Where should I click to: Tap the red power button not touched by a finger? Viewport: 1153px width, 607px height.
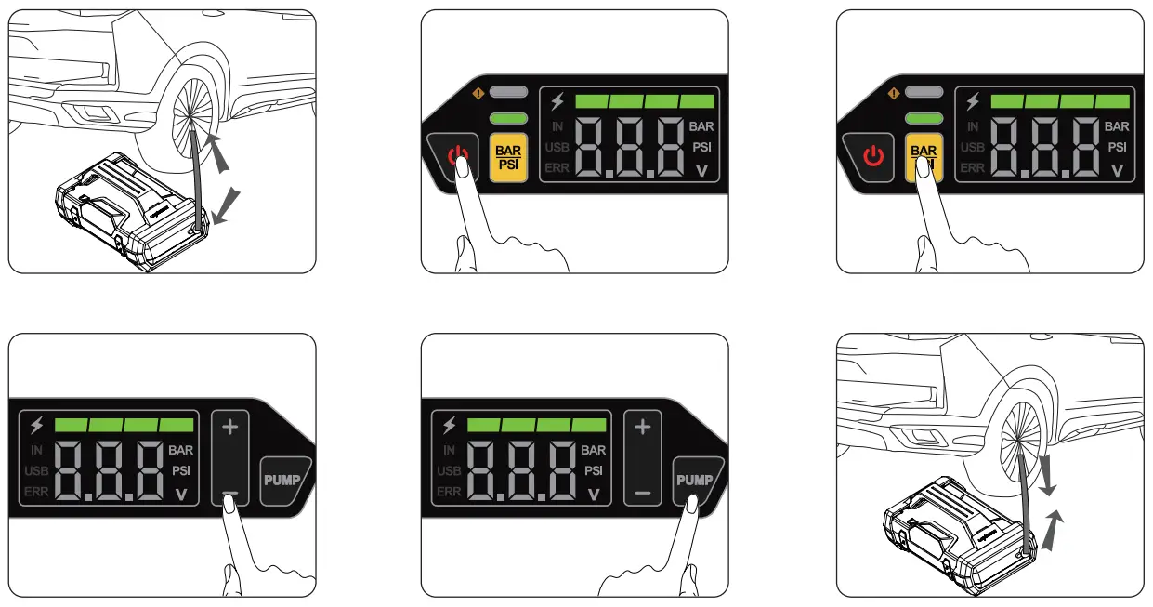pos(873,154)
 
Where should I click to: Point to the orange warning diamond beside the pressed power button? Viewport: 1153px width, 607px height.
pos(477,92)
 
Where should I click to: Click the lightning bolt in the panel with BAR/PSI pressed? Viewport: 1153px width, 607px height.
pos(972,101)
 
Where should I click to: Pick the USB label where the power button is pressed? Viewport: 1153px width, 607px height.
pos(557,147)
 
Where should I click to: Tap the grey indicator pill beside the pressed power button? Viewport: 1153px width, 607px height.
pos(509,93)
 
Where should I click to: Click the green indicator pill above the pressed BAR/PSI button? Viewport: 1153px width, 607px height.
pos(924,118)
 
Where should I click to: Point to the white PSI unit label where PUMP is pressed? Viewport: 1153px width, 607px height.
pos(594,470)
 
